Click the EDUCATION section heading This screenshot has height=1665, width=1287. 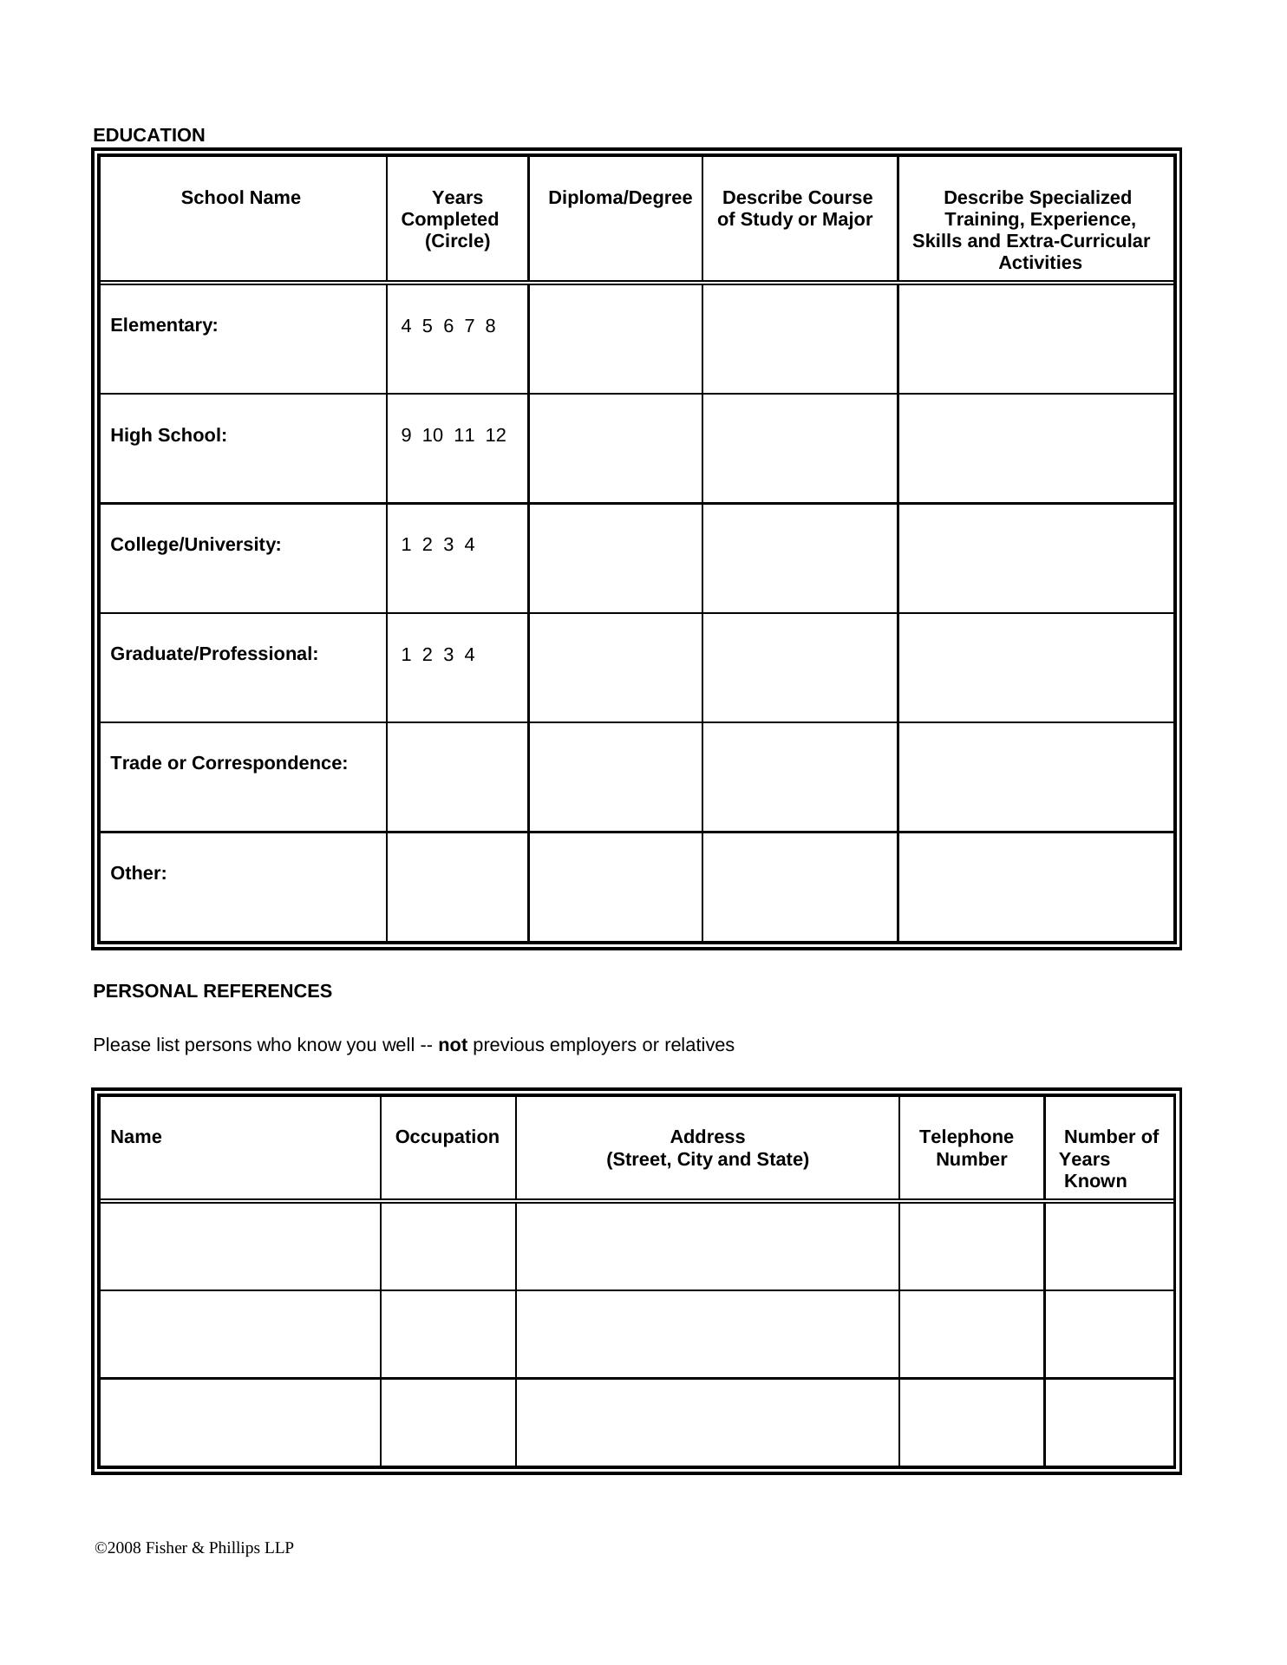[x=149, y=135]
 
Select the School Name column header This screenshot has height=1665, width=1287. [x=240, y=198]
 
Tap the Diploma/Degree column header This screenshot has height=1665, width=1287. [x=619, y=198]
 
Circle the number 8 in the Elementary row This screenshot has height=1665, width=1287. [x=490, y=326]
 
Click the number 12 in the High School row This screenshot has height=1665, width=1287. [x=495, y=435]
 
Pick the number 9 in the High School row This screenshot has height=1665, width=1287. [x=406, y=435]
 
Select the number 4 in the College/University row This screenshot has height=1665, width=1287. [x=469, y=545]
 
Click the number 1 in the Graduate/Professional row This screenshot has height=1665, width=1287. [x=406, y=655]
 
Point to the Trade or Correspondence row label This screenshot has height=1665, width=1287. [x=229, y=763]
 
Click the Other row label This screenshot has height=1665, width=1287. [x=139, y=873]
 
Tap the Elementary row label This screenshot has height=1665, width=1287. [x=164, y=325]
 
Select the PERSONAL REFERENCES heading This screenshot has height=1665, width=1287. [x=212, y=991]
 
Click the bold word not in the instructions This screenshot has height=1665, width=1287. [x=453, y=1045]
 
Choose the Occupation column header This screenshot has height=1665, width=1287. [x=447, y=1137]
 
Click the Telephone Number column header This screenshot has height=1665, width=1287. [x=968, y=1148]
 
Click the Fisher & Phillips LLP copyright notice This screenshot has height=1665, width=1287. [x=194, y=1548]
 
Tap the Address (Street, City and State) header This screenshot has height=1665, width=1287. [x=707, y=1148]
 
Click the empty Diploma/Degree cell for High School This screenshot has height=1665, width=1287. [x=615, y=448]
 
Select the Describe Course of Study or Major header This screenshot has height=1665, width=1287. [x=796, y=209]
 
